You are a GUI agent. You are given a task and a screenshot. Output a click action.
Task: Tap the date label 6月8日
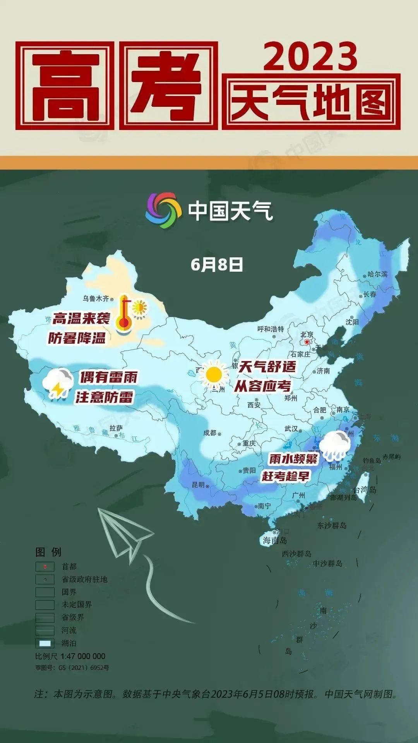click(x=217, y=265)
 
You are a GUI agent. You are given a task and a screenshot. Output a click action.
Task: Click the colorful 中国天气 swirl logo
click(x=163, y=210)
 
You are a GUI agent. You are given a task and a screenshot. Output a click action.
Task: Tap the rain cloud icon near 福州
click(x=336, y=446)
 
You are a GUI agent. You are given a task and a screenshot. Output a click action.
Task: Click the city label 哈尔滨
click(x=377, y=274)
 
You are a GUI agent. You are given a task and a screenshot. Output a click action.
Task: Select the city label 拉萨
click(x=116, y=428)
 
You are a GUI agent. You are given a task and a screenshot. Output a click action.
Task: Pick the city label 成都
click(x=210, y=433)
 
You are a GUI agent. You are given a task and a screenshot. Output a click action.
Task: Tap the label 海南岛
click(x=275, y=541)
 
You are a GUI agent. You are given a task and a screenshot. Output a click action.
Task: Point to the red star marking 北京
click(x=307, y=342)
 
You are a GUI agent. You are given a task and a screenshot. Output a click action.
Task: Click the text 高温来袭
click(x=81, y=319)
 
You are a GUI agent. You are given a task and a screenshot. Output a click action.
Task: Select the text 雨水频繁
click(x=293, y=459)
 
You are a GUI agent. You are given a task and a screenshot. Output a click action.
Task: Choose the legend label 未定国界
click(x=77, y=604)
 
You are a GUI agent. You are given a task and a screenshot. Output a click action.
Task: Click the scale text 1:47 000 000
click(x=83, y=656)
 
